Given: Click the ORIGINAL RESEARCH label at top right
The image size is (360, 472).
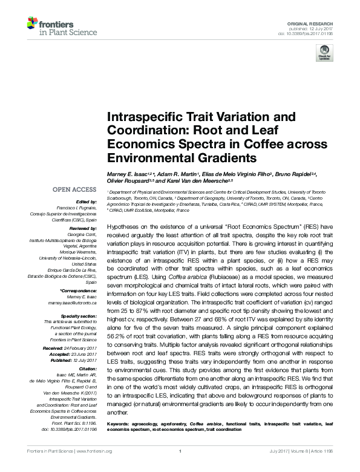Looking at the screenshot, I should pyautogui.click(x=319, y=22).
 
